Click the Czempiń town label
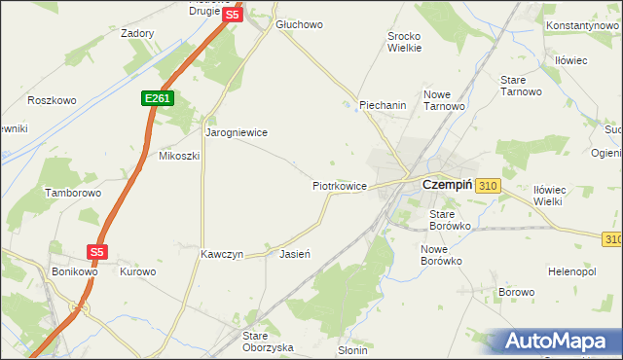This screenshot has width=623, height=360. (x=447, y=184)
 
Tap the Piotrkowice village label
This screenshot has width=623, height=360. (x=339, y=185)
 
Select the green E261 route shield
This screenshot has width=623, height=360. (x=156, y=98)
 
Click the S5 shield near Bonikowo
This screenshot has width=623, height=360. (x=96, y=251)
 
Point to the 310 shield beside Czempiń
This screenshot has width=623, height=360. (x=488, y=185)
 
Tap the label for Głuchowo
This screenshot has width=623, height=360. (x=299, y=24)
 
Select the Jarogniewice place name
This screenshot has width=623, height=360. (x=236, y=131)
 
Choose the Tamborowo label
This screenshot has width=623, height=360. (x=73, y=193)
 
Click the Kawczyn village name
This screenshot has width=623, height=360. (x=221, y=254)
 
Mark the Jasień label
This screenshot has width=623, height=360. (x=294, y=254)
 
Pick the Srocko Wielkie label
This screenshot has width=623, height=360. (x=404, y=41)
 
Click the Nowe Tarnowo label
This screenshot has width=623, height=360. (x=442, y=100)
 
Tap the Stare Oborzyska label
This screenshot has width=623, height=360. (x=268, y=342)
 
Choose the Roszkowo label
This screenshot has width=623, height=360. (x=52, y=100)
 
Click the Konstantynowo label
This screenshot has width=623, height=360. (x=583, y=24)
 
